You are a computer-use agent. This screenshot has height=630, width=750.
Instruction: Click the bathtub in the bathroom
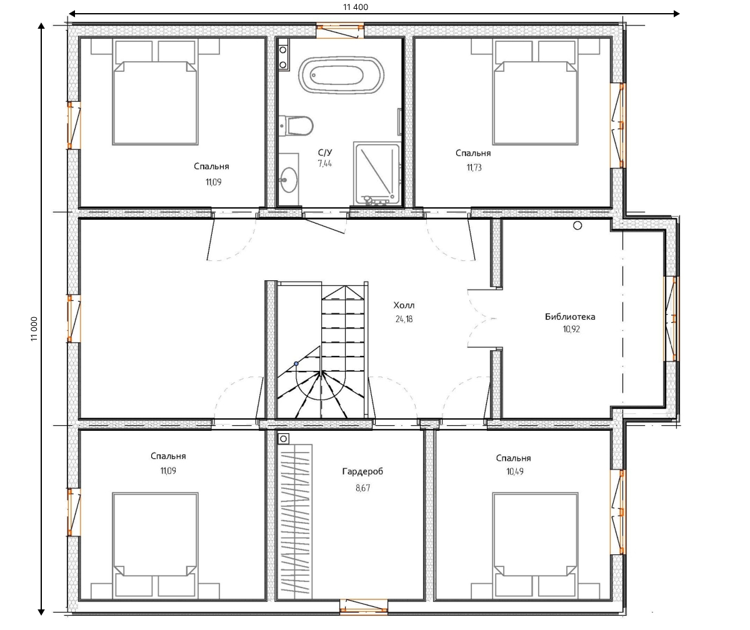[341, 76]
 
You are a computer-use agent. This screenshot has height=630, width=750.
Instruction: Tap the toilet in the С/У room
[296, 126]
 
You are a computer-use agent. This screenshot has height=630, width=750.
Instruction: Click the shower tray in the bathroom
[377, 174]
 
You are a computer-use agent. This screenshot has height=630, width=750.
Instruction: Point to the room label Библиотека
[570, 317]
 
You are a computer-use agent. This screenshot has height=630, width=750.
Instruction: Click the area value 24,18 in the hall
[404, 319]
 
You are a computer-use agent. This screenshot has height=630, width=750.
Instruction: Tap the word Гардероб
[362, 471]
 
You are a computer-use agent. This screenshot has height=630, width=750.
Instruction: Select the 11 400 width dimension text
[356, 7]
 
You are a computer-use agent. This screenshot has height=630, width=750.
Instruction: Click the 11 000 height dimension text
[34, 328]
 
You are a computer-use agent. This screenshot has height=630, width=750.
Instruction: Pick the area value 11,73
[474, 167]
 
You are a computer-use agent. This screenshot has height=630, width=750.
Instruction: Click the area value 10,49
[515, 471]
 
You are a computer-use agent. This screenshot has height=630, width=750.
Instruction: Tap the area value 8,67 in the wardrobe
[362, 488]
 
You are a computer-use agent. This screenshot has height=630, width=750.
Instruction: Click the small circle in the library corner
[577, 225]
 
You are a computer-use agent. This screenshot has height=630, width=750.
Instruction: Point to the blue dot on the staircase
[296, 363]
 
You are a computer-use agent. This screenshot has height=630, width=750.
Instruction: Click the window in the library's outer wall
[671, 318]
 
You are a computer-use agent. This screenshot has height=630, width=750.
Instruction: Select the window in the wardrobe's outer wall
[364, 607]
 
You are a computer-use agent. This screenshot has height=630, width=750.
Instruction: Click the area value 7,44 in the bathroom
[325, 164]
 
